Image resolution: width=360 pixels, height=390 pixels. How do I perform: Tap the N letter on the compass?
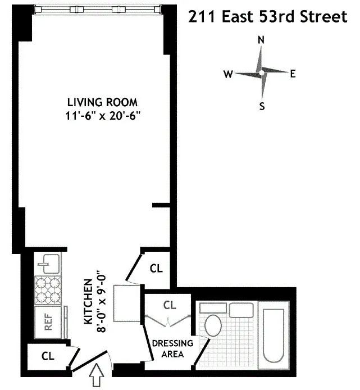tap(261, 40)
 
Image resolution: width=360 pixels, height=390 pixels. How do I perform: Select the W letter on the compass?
tap(228, 74)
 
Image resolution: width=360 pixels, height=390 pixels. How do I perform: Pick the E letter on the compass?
tap(293, 74)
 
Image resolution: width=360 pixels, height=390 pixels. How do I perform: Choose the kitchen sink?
tap(48, 262)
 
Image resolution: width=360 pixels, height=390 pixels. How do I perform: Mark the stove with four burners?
tap(48, 289)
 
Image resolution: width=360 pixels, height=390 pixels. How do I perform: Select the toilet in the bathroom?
tap(213, 325)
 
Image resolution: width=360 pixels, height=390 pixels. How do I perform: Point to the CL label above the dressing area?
tap(170, 305)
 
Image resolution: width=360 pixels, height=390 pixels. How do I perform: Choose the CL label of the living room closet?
tap(156, 269)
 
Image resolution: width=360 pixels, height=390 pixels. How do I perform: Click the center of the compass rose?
tap(261, 72)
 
